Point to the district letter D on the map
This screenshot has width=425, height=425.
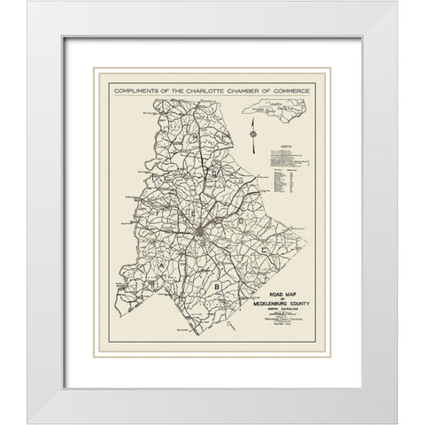click(237, 217)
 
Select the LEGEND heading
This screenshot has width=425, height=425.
click(284, 143)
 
